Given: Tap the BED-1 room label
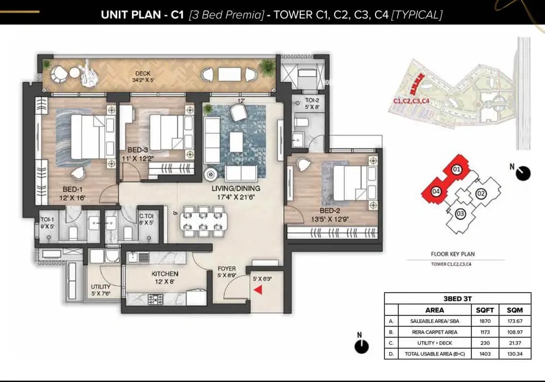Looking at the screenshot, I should pos(72,190).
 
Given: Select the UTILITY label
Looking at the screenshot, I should pos(100,287).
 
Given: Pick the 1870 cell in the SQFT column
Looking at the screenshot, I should pos(485,321).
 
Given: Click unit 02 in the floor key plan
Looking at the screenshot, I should pos(481,193).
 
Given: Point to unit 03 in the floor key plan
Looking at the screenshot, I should pos(461,214).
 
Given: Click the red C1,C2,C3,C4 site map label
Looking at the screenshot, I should pos(411,101).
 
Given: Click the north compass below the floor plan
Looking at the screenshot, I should pos(360,345).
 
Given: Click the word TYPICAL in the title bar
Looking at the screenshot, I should pos(418,15).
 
